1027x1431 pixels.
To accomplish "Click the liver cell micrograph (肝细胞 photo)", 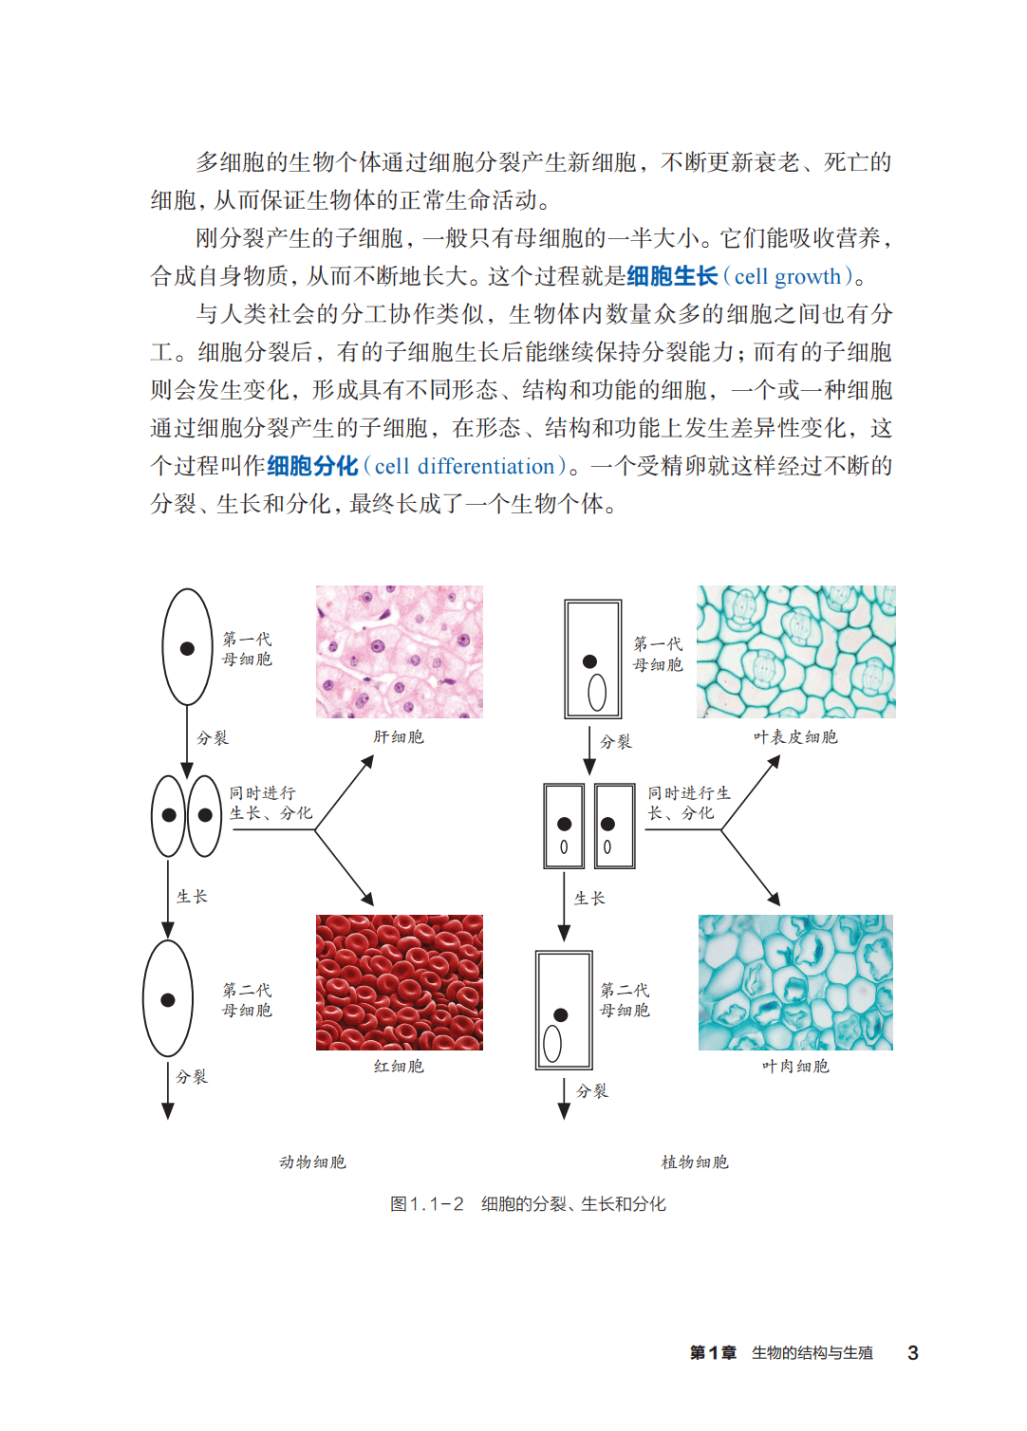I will [x=399, y=651].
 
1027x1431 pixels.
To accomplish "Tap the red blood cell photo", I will [x=399, y=982].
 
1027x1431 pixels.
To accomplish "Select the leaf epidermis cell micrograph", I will [x=795, y=651].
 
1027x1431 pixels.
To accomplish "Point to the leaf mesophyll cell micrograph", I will [x=795, y=982].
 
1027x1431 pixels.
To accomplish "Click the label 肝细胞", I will [x=399, y=737].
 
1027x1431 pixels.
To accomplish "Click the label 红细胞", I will [x=399, y=1067].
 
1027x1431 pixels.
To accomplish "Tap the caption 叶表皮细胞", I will [x=795, y=737].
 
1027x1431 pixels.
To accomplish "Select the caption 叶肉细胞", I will [x=795, y=1067].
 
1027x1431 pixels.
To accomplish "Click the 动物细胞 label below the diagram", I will [x=312, y=1162].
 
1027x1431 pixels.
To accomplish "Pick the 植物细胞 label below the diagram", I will [x=695, y=1162].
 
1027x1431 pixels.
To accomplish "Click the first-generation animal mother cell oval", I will [x=187, y=647].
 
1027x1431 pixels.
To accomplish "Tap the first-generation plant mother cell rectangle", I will [x=593, y=659].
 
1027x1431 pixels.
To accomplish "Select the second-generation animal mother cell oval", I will [x=168, y=998].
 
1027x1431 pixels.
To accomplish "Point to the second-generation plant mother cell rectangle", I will [x=564, y=1011].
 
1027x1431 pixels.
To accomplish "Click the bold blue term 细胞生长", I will [x=672, y=277].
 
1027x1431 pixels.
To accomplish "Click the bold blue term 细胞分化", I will [x=312, y=467].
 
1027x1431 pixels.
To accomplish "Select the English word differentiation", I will [x=486, y=467].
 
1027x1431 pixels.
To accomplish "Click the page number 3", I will [x=912, y=1353].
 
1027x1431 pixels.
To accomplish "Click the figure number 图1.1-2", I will [x=427, y=1204].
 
